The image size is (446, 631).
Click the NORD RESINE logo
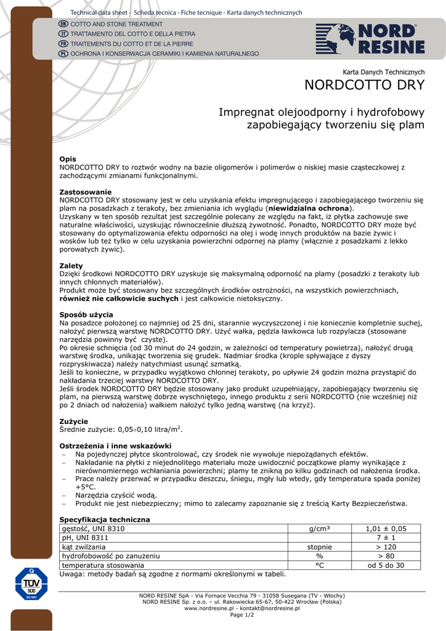[370, 39]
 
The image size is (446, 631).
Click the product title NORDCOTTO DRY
[365, 85]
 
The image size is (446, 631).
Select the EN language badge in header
[63, 23]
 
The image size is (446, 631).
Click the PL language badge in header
[63, 54]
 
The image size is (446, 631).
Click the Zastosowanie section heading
[85, 192]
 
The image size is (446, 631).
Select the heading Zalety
[71, 266]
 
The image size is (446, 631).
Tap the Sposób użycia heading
[84, 314]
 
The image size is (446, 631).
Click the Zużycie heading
[73, 421]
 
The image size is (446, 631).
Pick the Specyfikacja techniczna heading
[104, 519]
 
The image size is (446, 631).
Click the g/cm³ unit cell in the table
[319, 529]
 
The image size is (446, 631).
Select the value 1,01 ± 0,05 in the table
[386, 529]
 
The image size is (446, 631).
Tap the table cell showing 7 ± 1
[386, 538]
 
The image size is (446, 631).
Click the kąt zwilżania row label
[84, 547]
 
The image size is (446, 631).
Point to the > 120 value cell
[386, 547]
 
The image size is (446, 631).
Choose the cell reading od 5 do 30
[386, 565]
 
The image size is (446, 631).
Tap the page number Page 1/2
[241, 615]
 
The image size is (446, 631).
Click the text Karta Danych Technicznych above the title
[383, 72]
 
